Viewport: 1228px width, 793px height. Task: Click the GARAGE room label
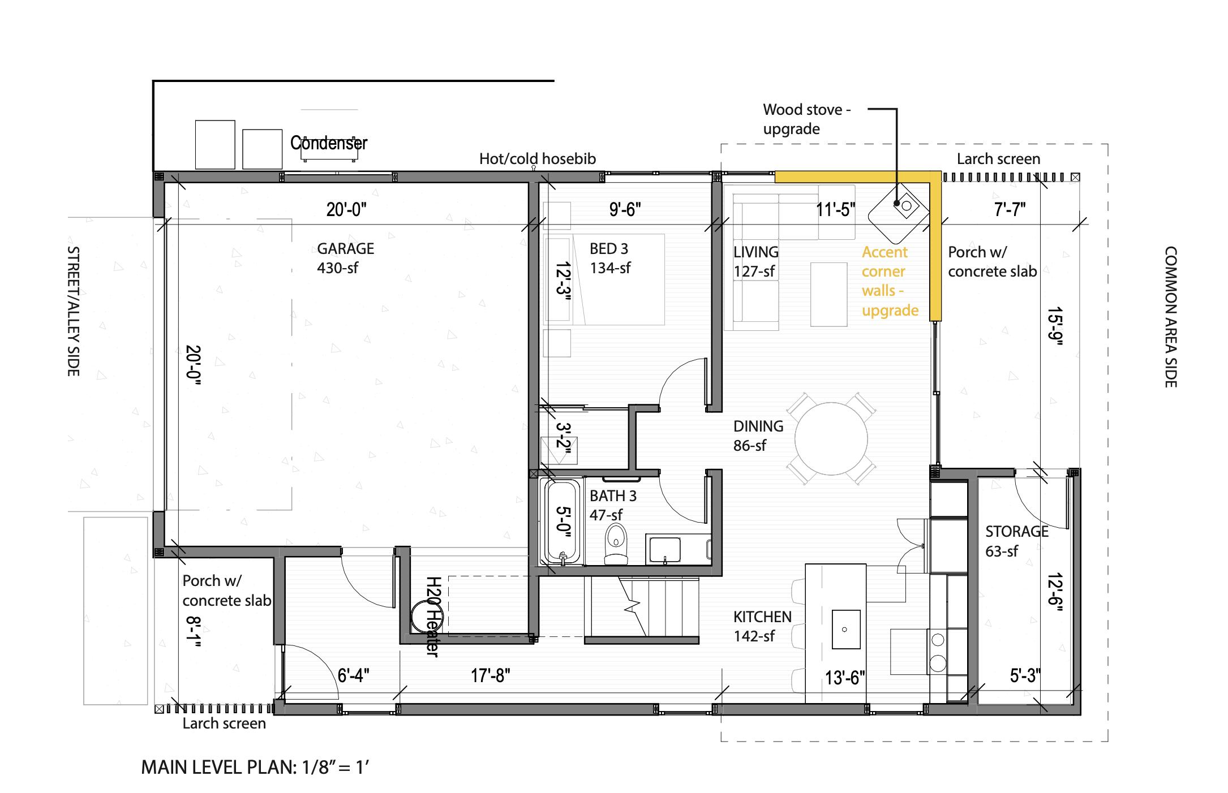click(345, 248)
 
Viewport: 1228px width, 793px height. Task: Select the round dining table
click(831, 439)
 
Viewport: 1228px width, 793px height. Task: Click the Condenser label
click(329, 143)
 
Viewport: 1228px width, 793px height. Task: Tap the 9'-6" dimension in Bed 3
click(625, 210)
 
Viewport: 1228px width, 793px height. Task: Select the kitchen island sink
click(845, 629)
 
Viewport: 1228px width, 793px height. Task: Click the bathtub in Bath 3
click(561, 521)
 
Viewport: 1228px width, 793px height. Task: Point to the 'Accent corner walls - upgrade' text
click(889, 281)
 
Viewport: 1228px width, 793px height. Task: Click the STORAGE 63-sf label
click(1016, 541)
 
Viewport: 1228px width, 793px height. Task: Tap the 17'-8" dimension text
click(491, 675)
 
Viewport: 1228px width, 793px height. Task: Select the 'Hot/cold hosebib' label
click(537, 159)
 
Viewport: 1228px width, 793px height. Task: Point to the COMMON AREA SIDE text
click(1170, 317)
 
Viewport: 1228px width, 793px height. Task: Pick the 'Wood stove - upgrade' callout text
click(806, 119)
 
